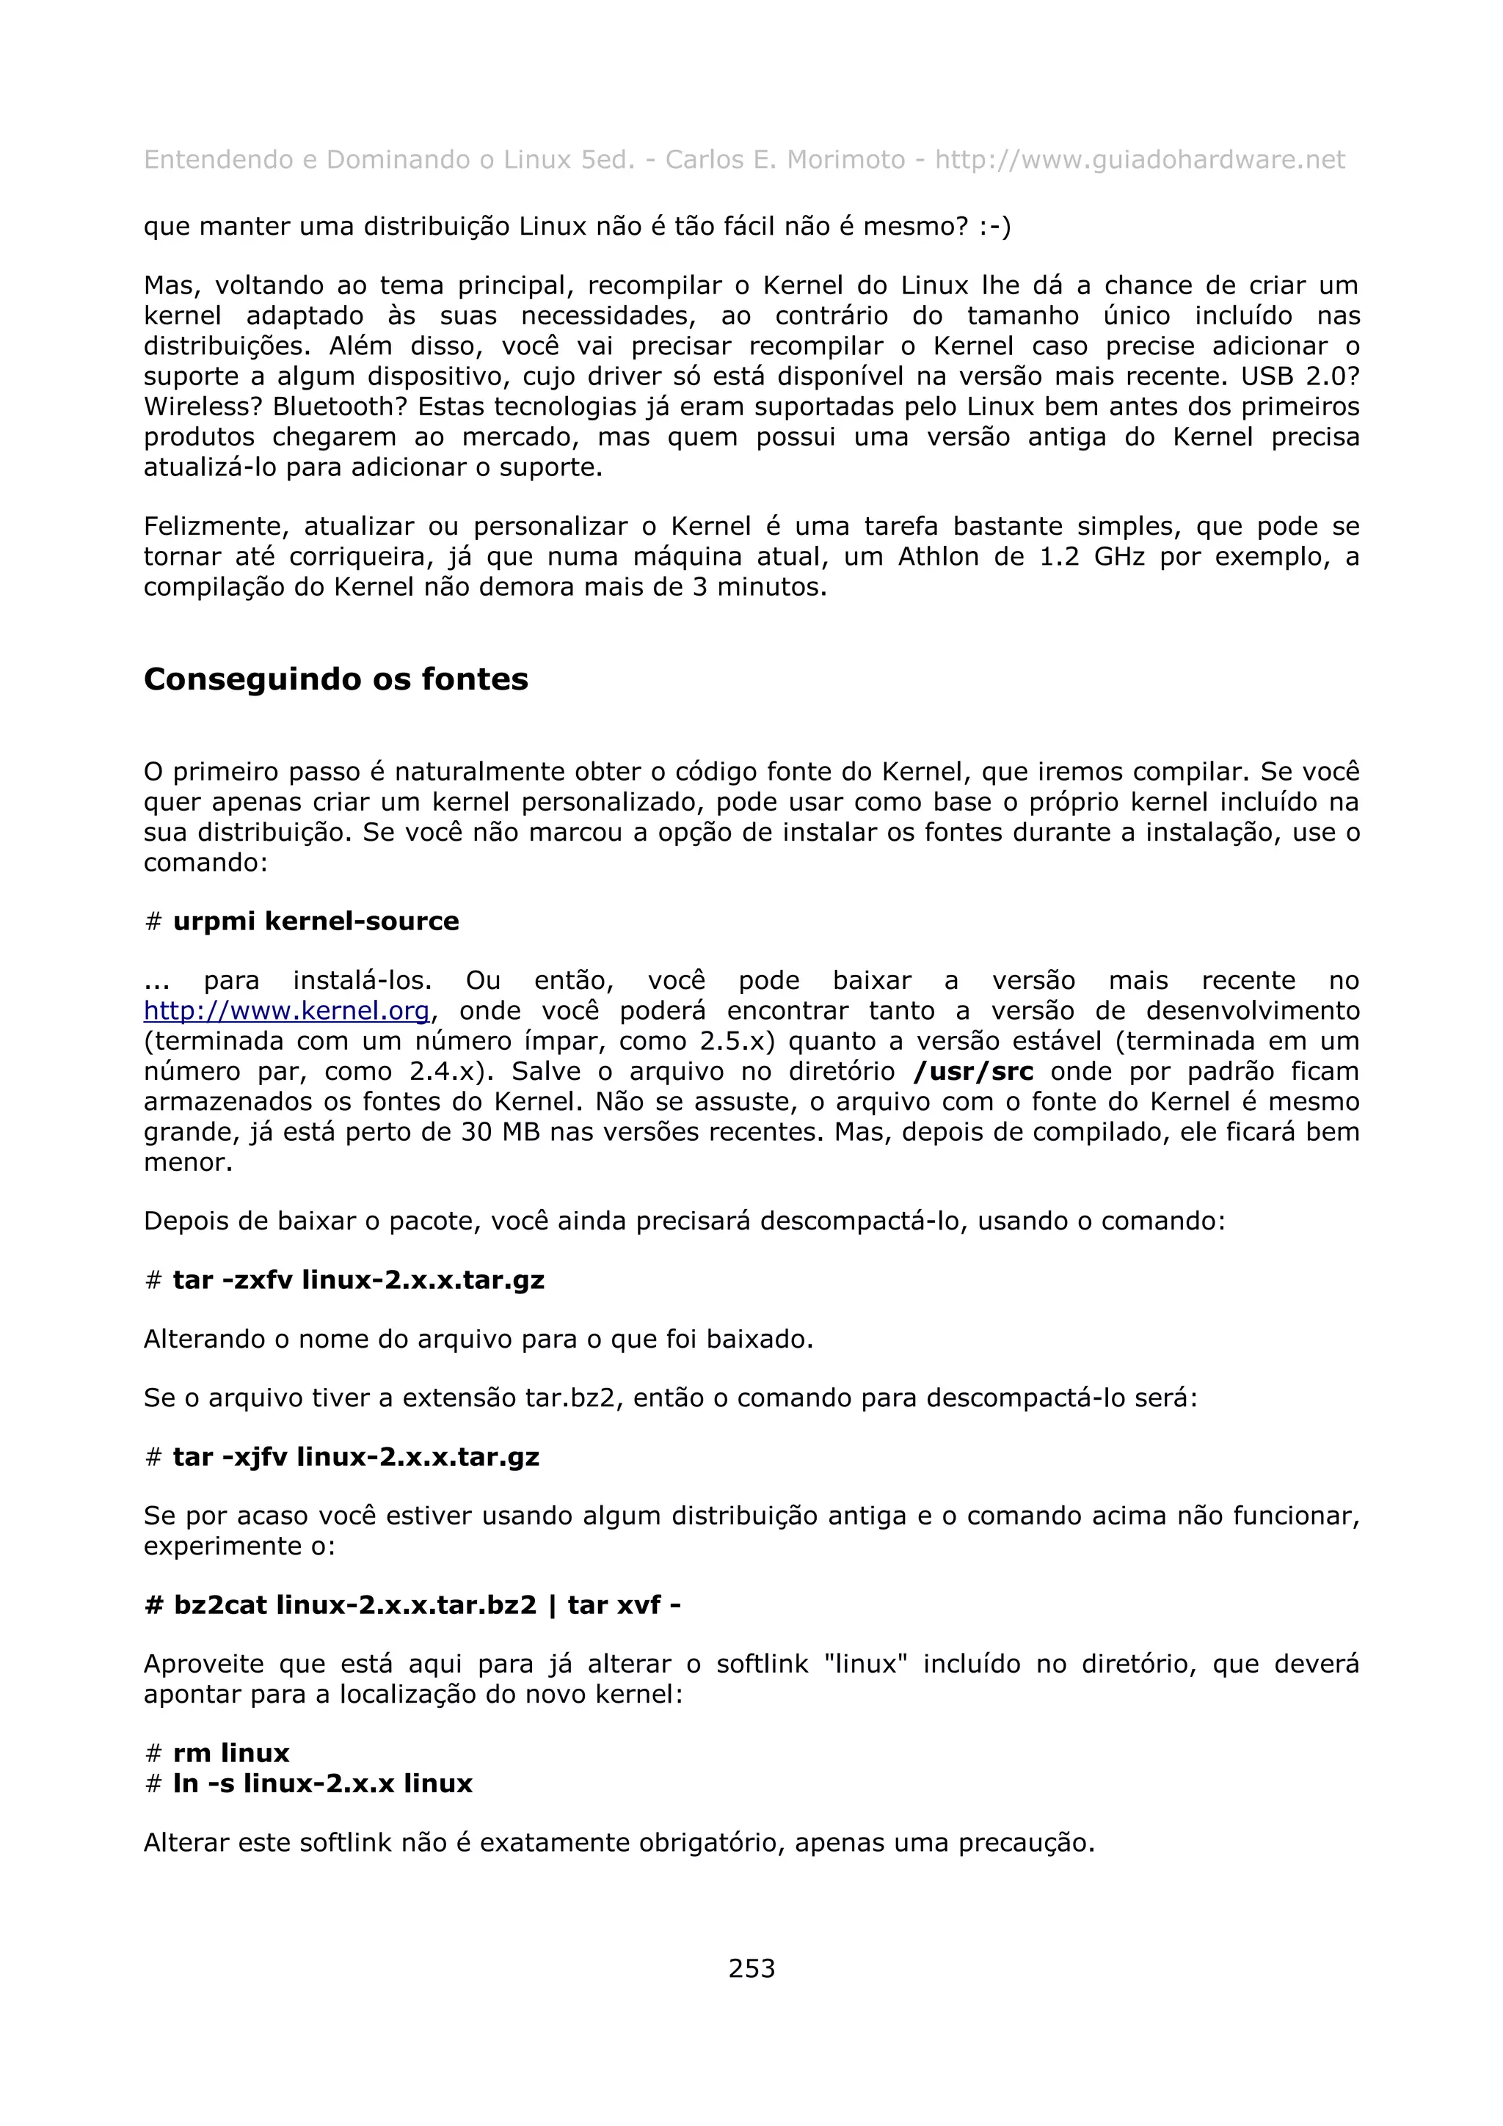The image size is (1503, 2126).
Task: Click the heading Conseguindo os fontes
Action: (335, 679)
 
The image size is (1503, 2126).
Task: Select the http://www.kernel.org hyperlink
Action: (286, 1010)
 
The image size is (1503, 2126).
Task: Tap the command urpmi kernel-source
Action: (316, 921)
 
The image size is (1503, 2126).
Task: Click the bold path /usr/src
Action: (973, 1071)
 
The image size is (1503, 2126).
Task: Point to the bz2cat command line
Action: (413, 1604)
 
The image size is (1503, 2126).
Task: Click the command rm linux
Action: (230, 1753)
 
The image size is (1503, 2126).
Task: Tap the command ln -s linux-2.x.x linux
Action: (322, 1783)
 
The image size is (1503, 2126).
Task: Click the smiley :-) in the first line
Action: (994, 227)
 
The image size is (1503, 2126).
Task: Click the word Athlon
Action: (938, 557)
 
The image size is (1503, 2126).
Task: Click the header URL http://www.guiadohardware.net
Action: (1139, 160)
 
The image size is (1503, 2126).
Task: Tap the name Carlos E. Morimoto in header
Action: (785, 160)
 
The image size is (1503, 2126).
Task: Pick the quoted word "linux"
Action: (865, 1664)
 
